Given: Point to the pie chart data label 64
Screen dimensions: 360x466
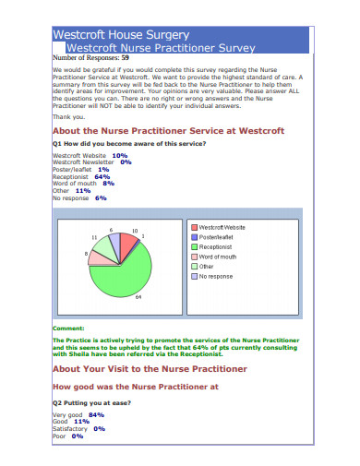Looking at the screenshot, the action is (x=137, y=298).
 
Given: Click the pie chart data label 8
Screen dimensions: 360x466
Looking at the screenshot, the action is (x=87, y=253).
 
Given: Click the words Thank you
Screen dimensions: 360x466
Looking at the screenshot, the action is (x=68, y=116).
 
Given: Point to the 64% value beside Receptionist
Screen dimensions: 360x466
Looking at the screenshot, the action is (x=90, y=176).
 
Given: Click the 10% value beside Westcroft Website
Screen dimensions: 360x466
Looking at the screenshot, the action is (x=119, y=156).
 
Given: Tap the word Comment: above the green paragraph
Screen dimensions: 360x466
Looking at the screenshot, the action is (x=68, y=329).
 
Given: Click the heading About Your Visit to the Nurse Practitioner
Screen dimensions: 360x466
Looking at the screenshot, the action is (x=150, y=368).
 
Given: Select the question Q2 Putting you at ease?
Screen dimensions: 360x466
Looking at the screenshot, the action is (x=91, y=404).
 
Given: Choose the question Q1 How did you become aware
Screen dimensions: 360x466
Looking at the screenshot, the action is (x=129, y=144).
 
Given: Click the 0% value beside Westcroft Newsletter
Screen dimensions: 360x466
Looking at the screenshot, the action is (x=126, y=162).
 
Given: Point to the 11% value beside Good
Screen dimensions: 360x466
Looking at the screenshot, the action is (x=81, y=421).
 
